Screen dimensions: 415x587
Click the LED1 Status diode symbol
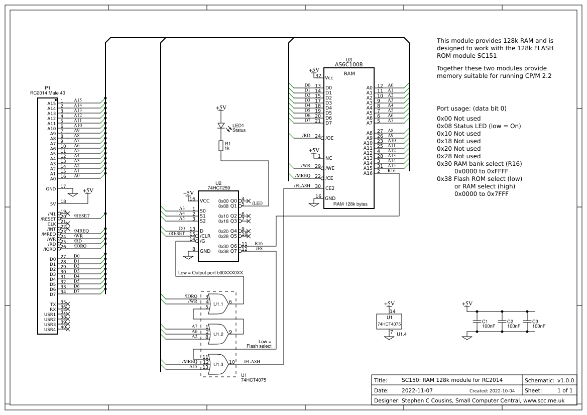coord(220,126)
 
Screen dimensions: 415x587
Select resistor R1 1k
coord(220,146)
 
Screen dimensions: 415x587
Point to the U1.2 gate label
coord(218,334)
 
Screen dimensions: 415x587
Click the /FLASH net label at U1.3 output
coord(252,361)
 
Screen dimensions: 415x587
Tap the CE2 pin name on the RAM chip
coord(330,188)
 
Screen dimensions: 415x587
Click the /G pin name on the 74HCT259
coord(203,241)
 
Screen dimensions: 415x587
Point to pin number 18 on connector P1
coord(63,201)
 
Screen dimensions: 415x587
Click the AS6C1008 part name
coord(348,64)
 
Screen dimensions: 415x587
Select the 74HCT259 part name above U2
coord(218,188)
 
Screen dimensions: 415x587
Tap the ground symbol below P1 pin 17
coord(72,193)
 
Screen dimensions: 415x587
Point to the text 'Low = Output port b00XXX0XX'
coord(210,273)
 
